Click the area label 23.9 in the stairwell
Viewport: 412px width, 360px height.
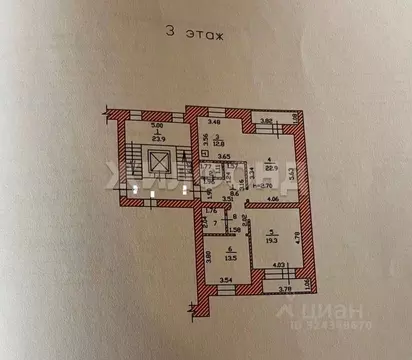pos(155,134)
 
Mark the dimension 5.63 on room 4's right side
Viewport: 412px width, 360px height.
pos(292,173)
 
